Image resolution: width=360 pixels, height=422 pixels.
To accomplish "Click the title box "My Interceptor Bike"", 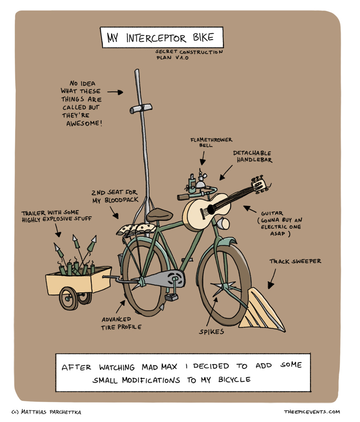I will tap(161, 38).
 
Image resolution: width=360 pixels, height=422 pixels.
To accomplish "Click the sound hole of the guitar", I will tap(208, 210).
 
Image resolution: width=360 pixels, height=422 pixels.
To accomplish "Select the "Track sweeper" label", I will tap(295, 261).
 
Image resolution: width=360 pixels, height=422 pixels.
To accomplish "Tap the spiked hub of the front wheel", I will tap(224, 289).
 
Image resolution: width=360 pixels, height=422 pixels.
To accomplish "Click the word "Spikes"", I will tap(212, 331).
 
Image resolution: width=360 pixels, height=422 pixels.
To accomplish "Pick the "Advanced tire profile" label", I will tap(122, 323).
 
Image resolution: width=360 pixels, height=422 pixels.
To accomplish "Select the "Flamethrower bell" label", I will tap(211, 142).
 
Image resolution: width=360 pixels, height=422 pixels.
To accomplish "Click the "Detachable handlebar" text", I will tap(252, 156).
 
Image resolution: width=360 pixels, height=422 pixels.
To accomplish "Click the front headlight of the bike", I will tap(223, 222).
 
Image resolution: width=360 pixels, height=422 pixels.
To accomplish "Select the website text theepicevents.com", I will tap(312, 411).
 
